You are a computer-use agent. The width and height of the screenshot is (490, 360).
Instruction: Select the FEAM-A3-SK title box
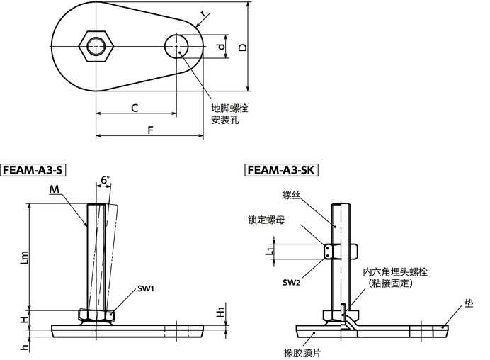(282, 170)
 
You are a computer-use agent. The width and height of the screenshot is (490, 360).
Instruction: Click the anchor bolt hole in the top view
(177, 47)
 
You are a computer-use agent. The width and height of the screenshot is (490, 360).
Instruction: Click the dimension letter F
(149, 129)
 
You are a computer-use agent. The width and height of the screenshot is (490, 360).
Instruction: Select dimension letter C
(133, 107)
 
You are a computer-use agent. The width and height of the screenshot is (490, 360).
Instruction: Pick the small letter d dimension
(221, 47)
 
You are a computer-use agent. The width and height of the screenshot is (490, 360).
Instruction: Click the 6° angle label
(104, 181)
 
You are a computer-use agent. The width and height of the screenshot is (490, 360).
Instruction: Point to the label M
(55, 189)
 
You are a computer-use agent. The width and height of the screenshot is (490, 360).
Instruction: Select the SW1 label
(146, 288)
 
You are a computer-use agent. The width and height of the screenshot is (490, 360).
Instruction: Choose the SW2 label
(291, 283)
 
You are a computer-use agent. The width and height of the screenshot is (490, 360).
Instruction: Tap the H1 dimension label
(220, 313)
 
